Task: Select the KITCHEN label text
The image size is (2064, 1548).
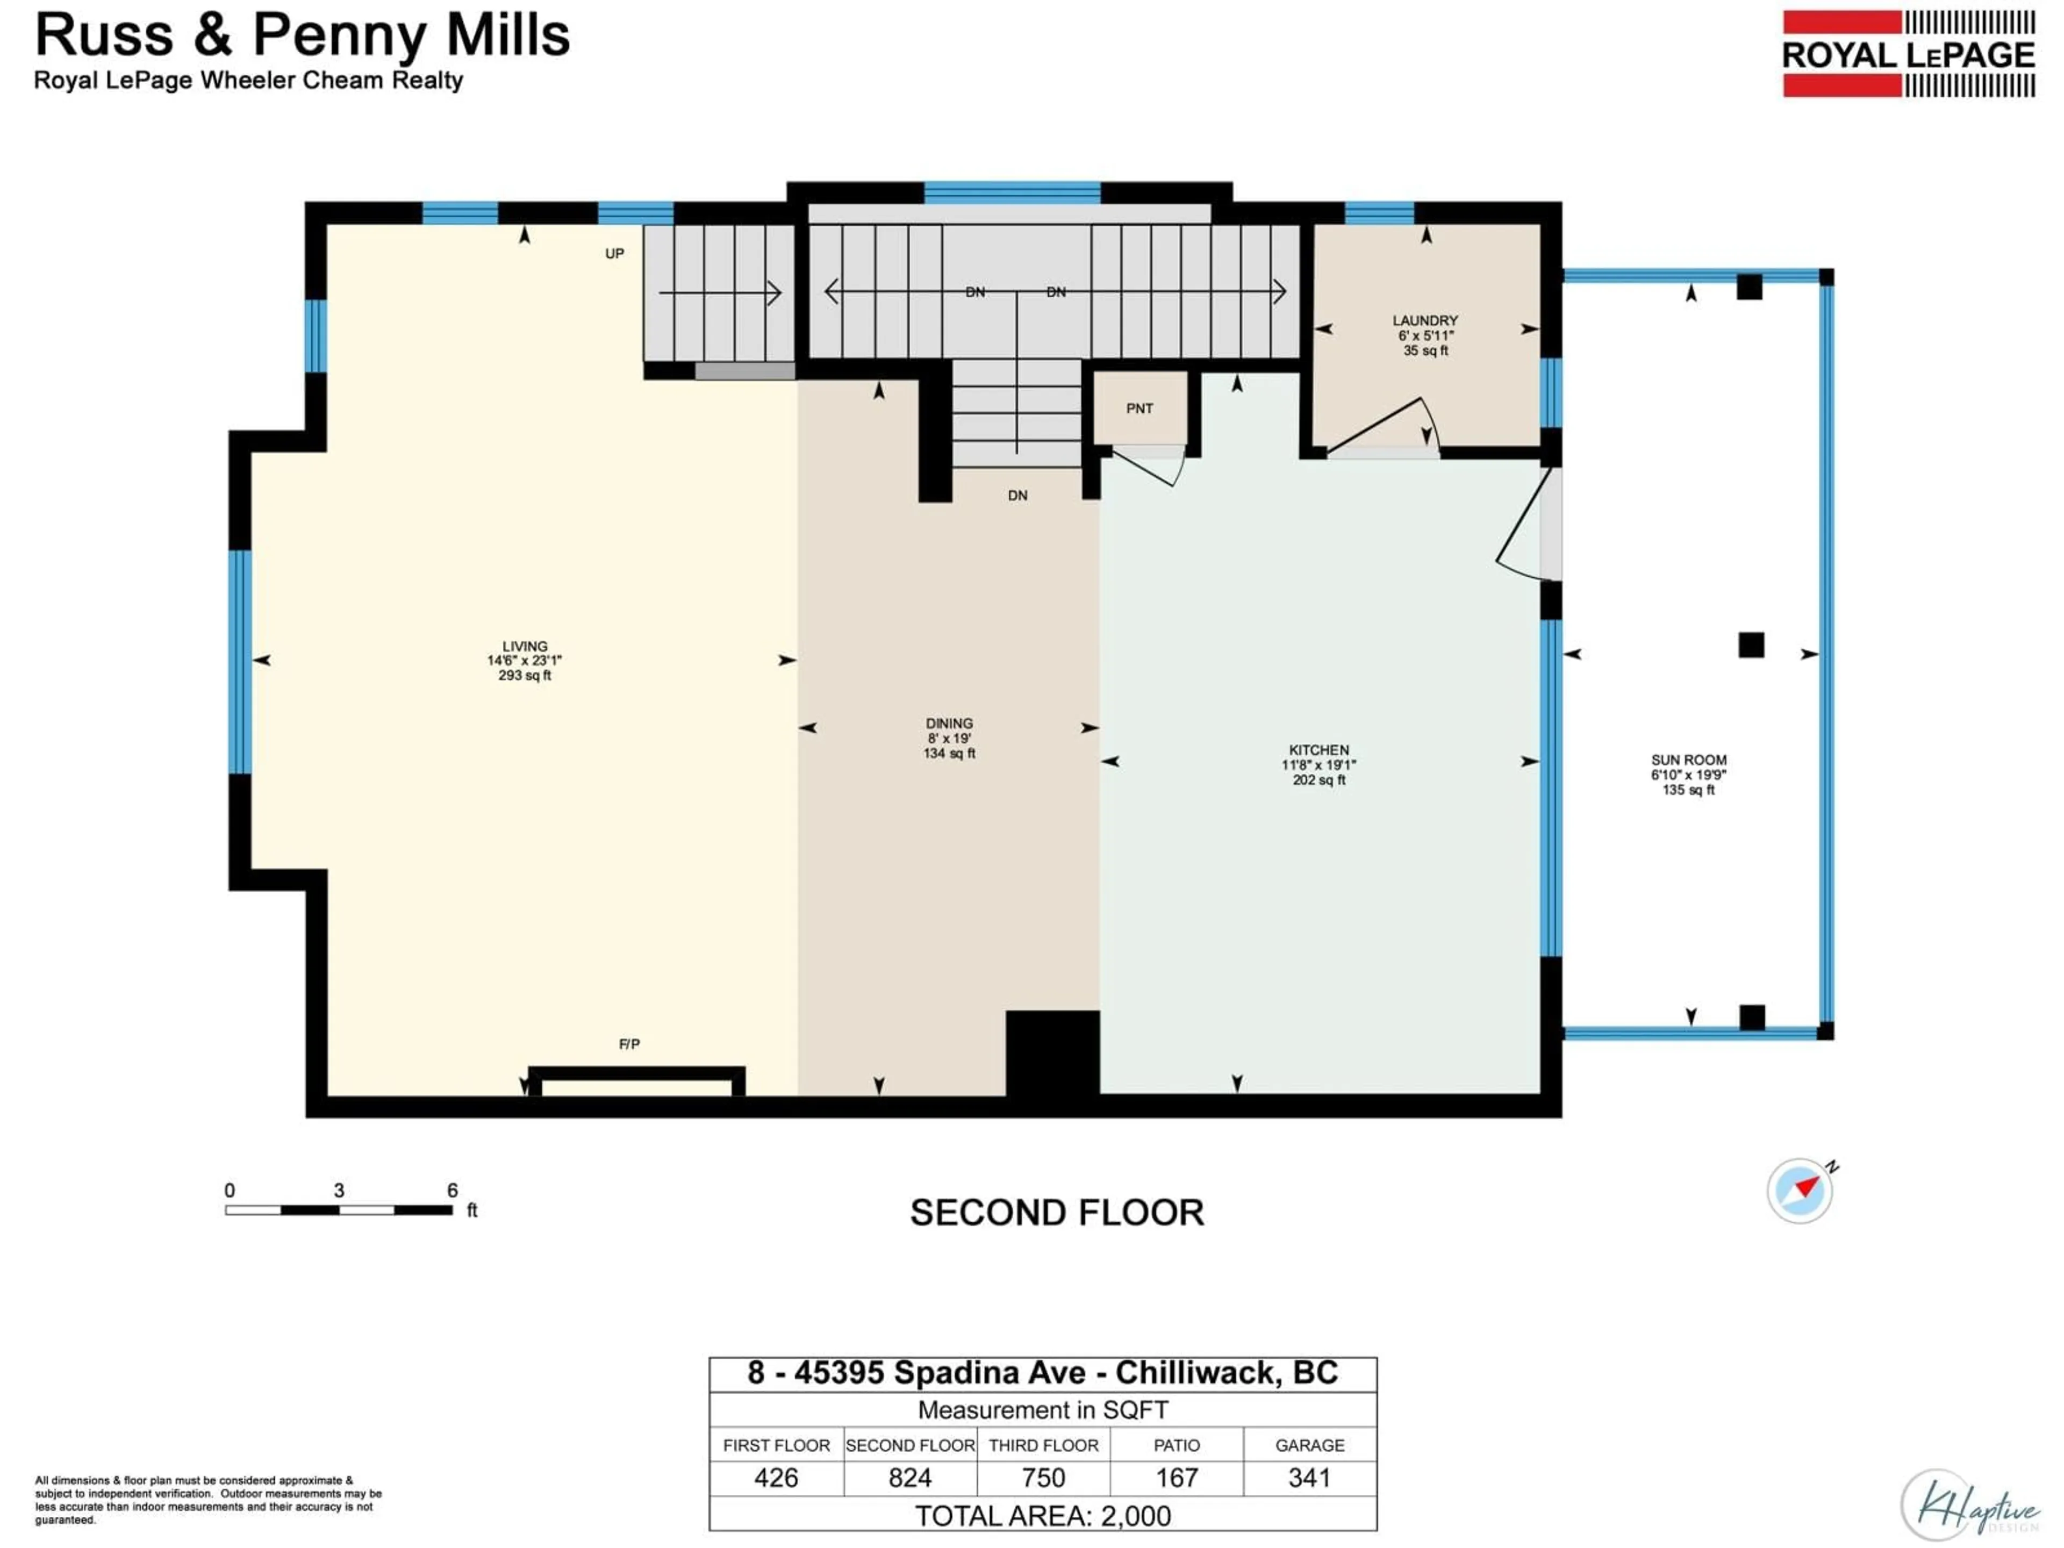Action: [1318, 750]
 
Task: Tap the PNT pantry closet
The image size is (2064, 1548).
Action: [1139, 408]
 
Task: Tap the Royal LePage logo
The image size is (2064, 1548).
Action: [1908, 54]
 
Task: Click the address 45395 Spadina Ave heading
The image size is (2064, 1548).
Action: [1042, 1373]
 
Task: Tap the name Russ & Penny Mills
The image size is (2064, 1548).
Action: [302, 35]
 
